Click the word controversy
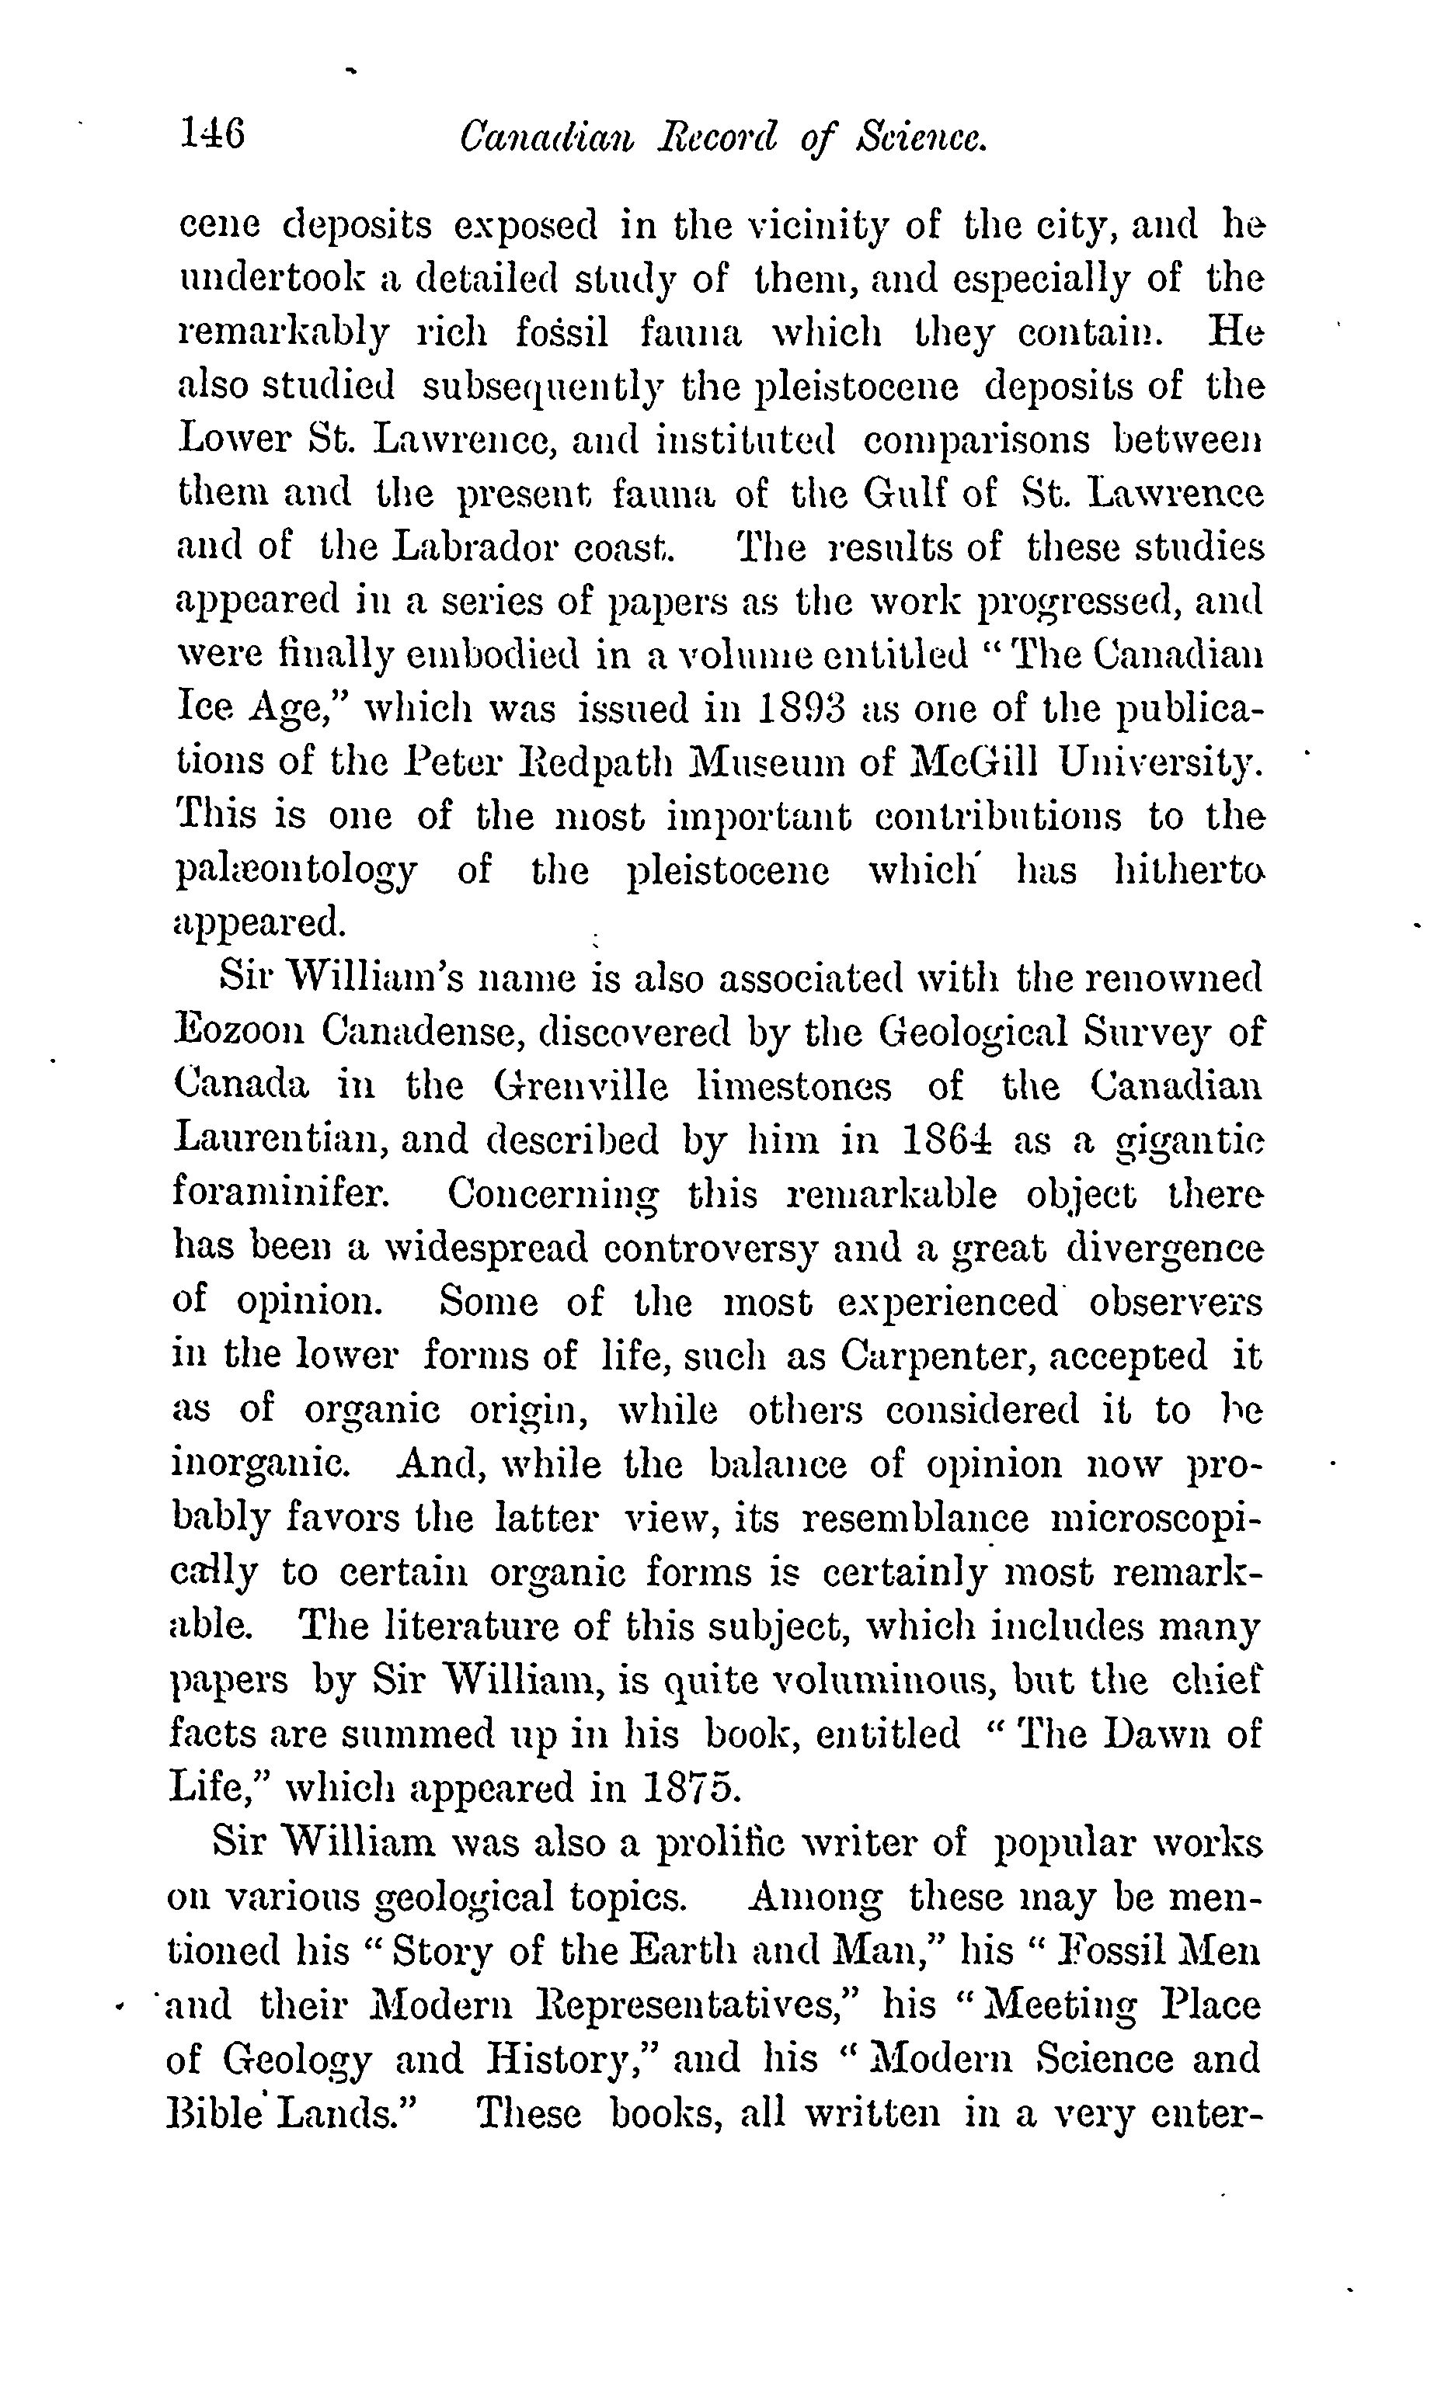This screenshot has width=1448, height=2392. coord(712,1247)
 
